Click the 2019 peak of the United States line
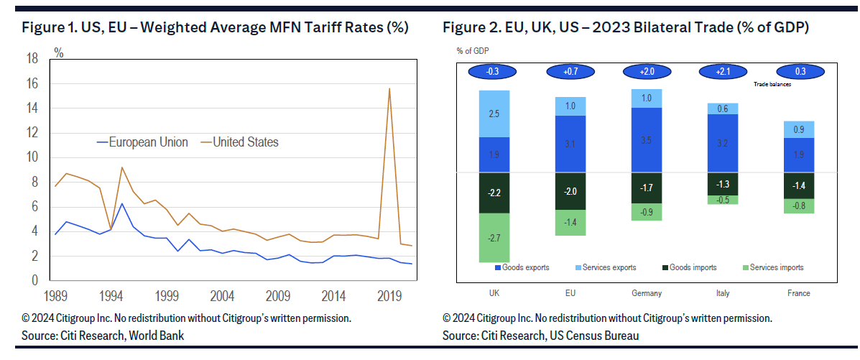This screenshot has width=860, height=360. click(389, 89)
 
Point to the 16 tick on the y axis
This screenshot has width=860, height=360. click(32, 84)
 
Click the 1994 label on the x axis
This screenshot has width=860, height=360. click(111, 295)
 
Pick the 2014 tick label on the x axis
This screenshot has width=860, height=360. click(333, 295)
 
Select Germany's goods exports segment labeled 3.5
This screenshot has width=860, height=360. click(646, 140)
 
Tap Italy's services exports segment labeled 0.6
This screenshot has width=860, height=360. click(723, 109)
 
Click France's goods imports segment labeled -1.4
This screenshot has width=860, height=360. click(799, 185)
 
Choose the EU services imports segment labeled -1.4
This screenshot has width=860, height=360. click(570, 223)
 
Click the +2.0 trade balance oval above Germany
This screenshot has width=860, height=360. click(646, 72)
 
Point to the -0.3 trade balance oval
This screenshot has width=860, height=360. click(493, 72)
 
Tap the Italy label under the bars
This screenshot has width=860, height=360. click(723, 293)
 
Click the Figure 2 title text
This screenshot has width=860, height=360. click(626, 28)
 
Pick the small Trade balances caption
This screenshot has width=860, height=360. click(772, 84)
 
